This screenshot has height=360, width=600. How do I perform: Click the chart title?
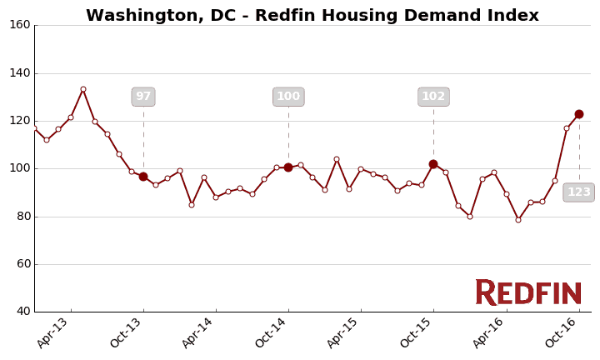(312, 16)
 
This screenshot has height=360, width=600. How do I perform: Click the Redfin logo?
(528, 292)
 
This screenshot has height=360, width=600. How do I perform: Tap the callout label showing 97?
(143, 97)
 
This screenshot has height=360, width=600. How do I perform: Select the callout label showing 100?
(288, 97)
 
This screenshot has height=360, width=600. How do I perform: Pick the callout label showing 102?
(433, 97)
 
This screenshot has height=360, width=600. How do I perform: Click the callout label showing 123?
(578, 192)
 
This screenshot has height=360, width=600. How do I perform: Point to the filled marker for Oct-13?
(143, 177)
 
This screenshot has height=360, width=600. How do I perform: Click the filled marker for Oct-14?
(288, 167)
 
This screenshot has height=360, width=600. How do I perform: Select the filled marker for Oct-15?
(433, 164)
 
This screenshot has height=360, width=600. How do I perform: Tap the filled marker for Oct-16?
(579, 114)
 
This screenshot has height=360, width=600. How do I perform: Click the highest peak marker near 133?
(83, 89)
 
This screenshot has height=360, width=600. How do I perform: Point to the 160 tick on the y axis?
(20, 25)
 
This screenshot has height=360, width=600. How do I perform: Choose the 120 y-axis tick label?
(20, 121)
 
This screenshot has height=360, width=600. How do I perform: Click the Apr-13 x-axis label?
(55, 332)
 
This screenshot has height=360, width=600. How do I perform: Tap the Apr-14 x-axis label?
(200, 332)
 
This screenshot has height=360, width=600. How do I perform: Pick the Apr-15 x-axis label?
(345, 332)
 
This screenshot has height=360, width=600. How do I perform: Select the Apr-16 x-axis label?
(490, 332)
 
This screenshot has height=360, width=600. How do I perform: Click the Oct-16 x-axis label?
(563, 332)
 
